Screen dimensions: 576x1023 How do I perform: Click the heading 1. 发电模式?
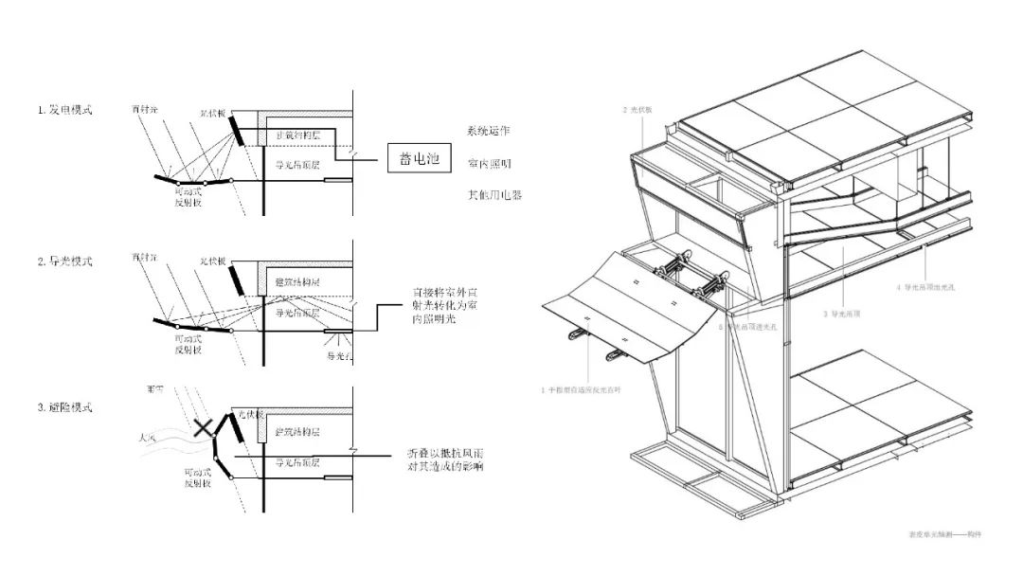click(65, 111)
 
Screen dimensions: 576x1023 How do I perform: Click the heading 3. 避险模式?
click(65, 407)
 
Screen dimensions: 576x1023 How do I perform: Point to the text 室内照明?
click(490, 164)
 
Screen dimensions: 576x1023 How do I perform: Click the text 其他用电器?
click(495, 195)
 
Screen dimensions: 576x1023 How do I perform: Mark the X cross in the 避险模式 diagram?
click(202, 428)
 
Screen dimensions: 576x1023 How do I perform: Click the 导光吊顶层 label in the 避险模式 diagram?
click(296, 462)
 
